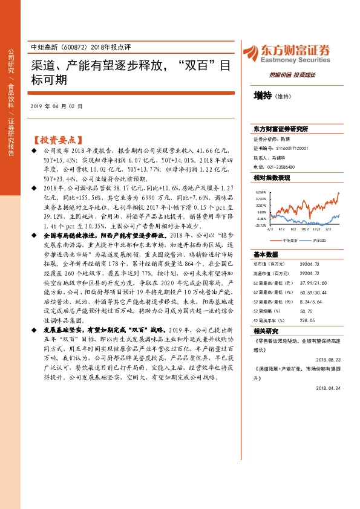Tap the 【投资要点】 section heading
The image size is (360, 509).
(57, 138)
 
